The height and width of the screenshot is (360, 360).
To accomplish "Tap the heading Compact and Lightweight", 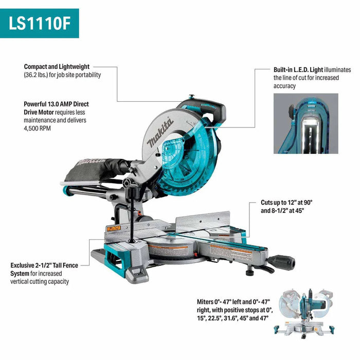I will point(57,67).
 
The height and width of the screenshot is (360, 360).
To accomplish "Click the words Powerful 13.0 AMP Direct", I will point(57,103).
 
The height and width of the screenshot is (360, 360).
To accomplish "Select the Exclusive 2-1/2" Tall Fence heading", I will point(49,265).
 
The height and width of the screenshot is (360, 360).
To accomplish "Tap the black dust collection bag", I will point(100,167).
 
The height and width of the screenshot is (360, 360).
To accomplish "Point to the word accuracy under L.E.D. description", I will point(284,86).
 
